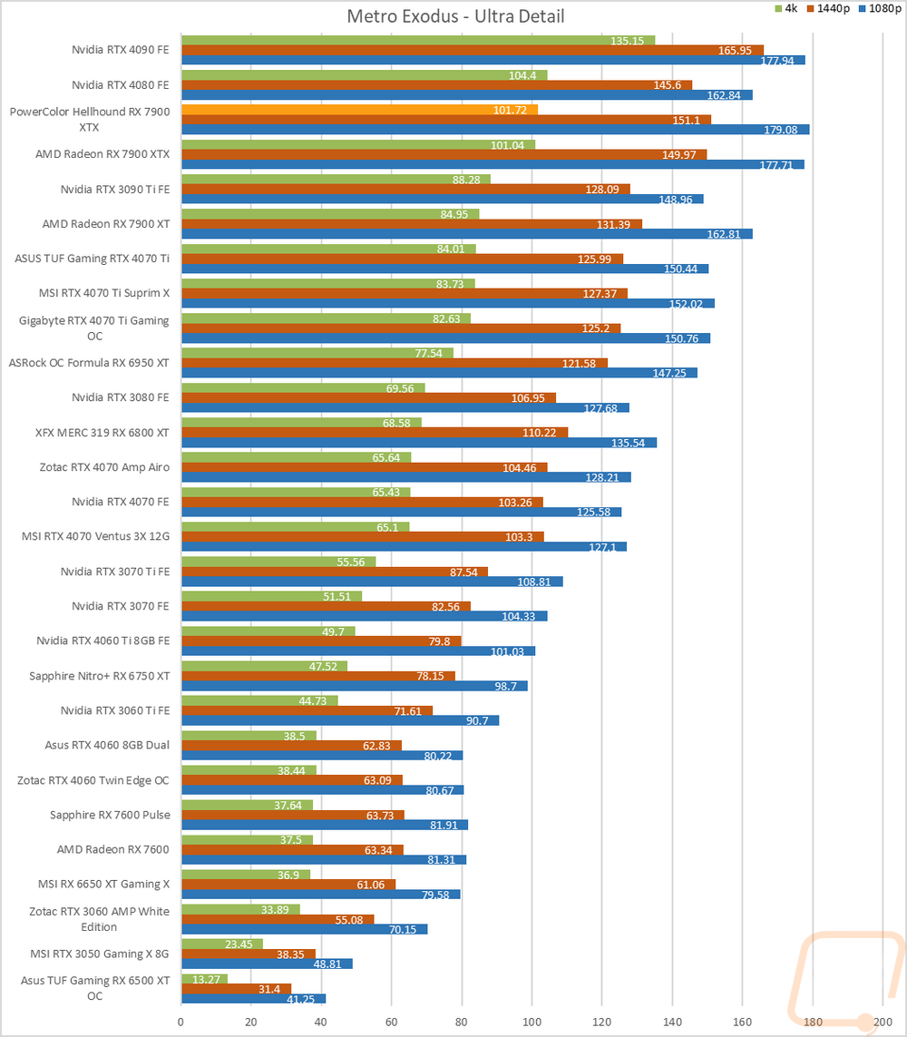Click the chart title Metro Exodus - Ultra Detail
(x=455, y=15)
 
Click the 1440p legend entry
(x=833, y=8)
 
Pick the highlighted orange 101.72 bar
(x=359, y=110)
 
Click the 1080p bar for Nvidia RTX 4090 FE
(x=493, y=61)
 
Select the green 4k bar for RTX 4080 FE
(x=364, y=74)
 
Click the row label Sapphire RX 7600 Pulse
(x=109, y=815)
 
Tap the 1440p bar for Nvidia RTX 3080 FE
(x=368, y=397)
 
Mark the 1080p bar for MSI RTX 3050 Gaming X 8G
(x=267, y=964)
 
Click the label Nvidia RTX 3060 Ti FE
(x=114, y=710)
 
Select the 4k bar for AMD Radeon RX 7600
(x=247, y=838)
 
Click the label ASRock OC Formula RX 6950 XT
(x=89, y=363)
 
